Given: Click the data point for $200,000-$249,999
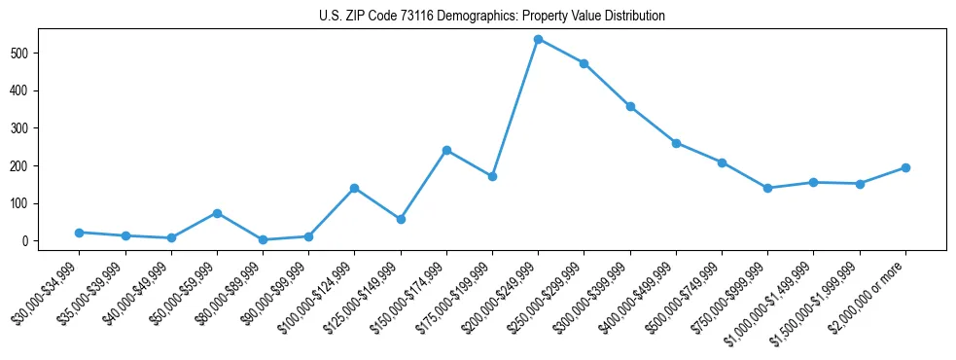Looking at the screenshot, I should point(538,39).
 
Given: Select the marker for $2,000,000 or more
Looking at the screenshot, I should point(905,167).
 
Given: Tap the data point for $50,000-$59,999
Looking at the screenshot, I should point(217,213).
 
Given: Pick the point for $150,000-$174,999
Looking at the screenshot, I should point(446,150).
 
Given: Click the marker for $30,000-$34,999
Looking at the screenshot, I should point(79,233).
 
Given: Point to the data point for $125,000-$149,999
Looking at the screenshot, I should point(401,219).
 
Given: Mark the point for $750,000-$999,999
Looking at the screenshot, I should point(767,188).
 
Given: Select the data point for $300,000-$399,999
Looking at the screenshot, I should point(630,106).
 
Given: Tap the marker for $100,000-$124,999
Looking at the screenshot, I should point(354,188).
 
